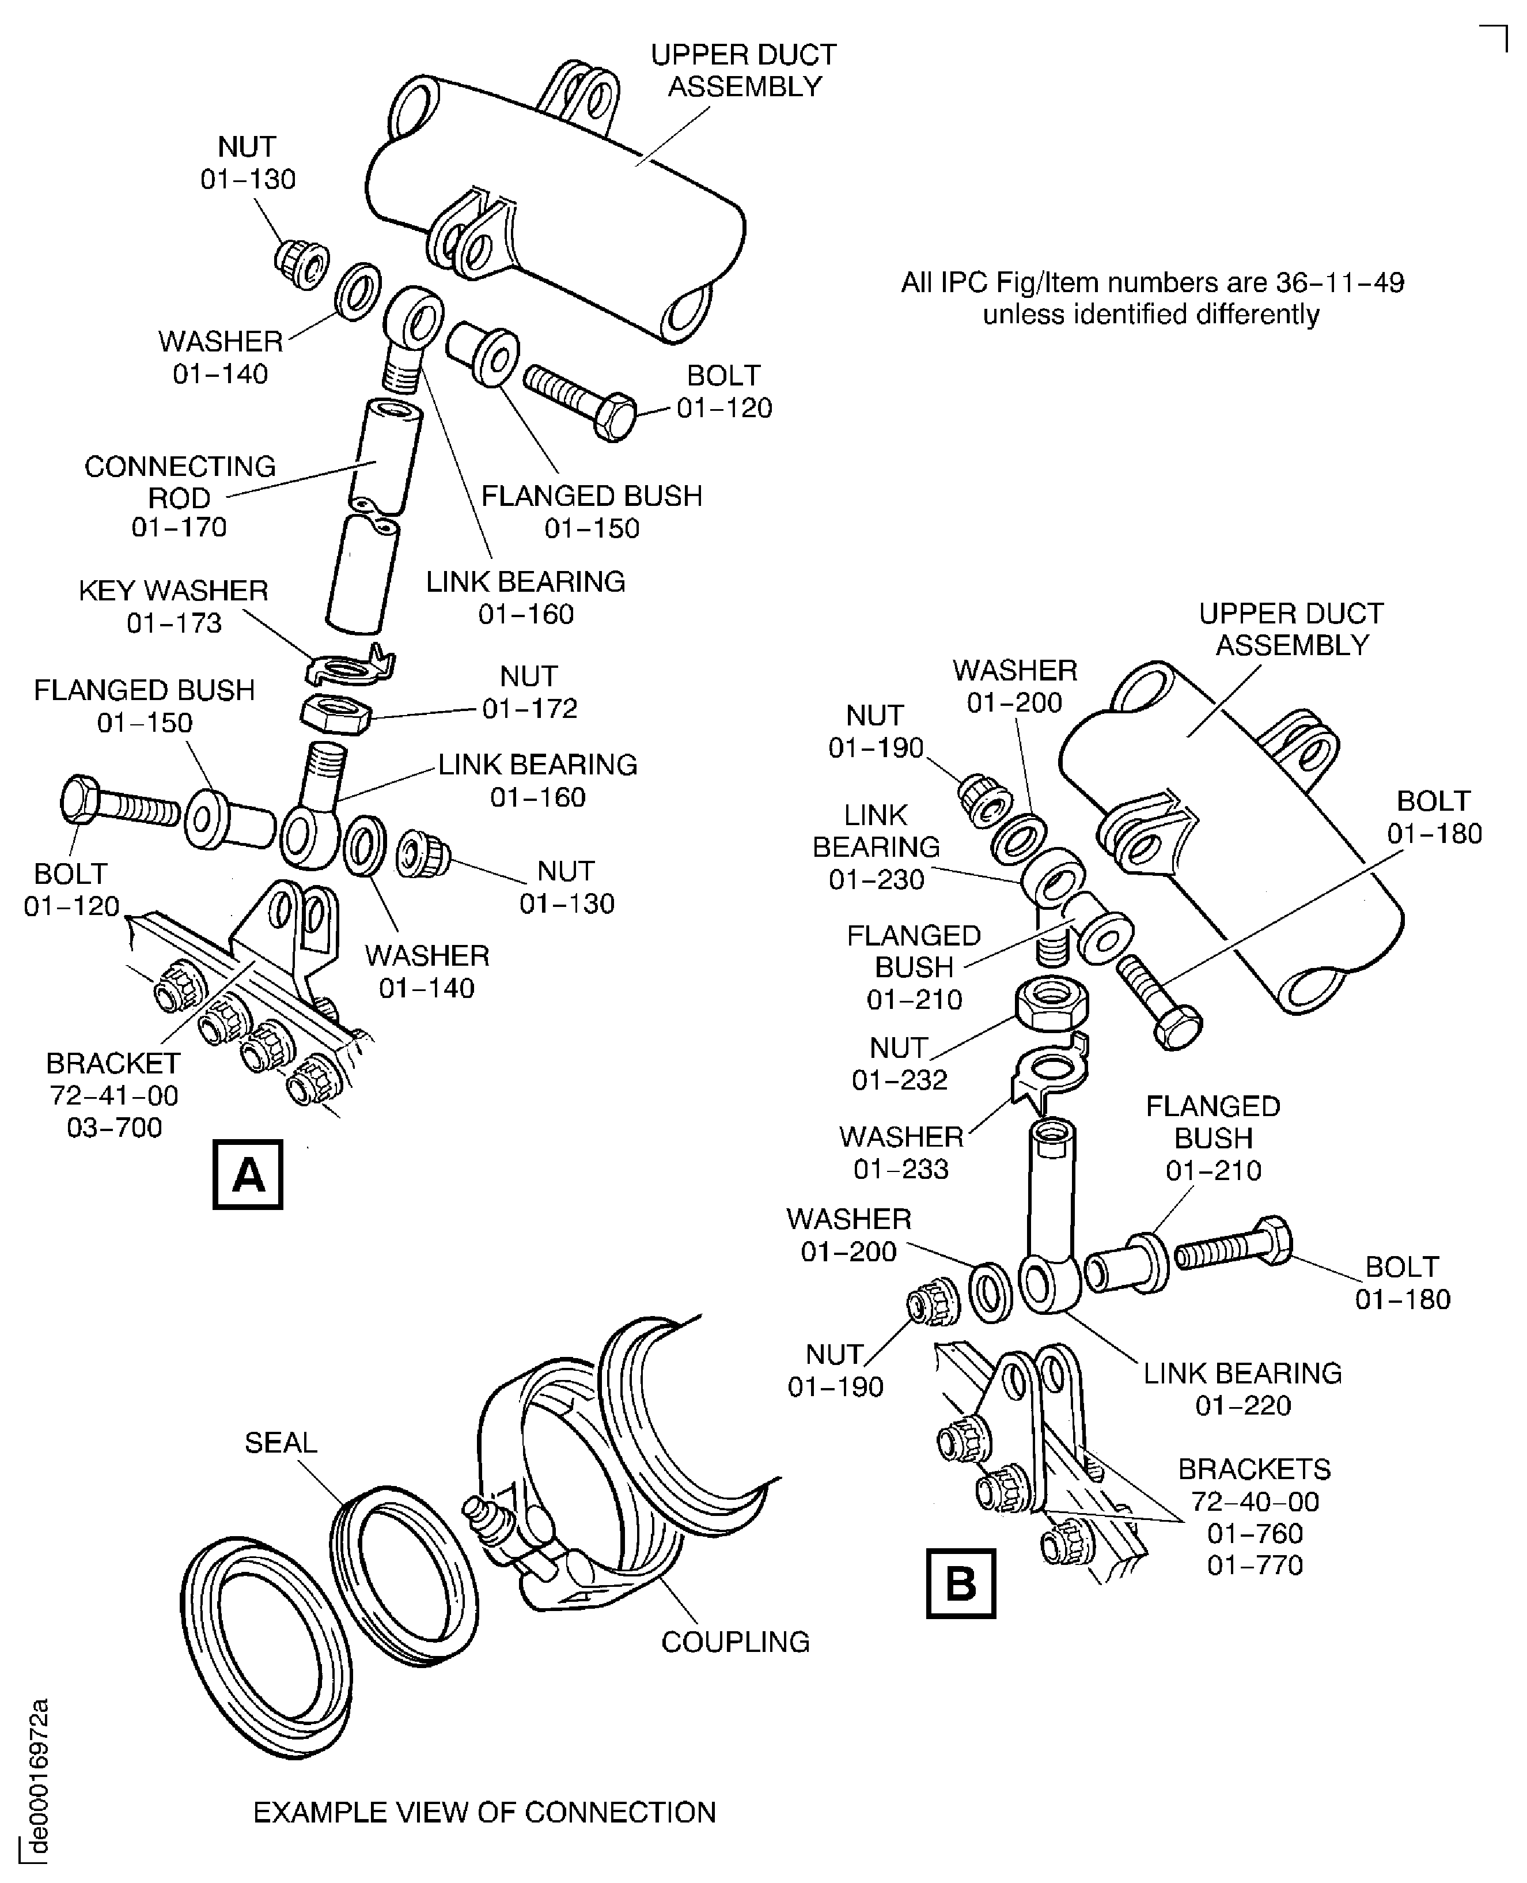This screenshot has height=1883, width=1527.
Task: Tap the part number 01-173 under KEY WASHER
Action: click(x=174, y=623)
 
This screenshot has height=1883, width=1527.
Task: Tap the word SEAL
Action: click(x=281, y=1442)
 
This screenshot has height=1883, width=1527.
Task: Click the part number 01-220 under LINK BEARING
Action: click(x=1242, y=1405)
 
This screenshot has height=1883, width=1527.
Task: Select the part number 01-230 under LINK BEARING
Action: click(x=876, y=879)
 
